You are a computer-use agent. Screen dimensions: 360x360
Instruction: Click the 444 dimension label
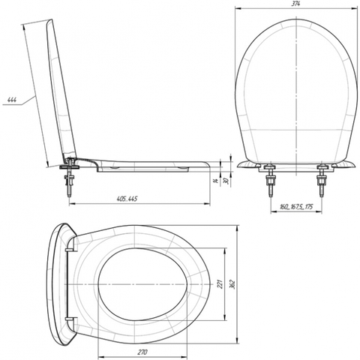click(x=12, y=100)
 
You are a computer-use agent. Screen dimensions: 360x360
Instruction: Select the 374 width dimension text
click(x=296, y=4)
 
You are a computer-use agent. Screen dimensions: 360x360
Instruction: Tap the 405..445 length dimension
click(x=127, y=199)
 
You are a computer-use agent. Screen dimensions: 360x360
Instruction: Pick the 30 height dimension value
click(x=227, y=181)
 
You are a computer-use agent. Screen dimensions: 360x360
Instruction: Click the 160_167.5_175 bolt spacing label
click(x=296, y=207)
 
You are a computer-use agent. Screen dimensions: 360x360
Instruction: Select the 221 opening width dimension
click(x=220, y=284)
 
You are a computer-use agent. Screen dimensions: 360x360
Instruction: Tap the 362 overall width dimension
click(x=232, y=283)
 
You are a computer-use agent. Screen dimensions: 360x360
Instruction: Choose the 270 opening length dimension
click(x=142, y=352)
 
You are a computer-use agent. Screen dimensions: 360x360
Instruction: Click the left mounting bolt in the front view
click(x=270, y=180)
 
